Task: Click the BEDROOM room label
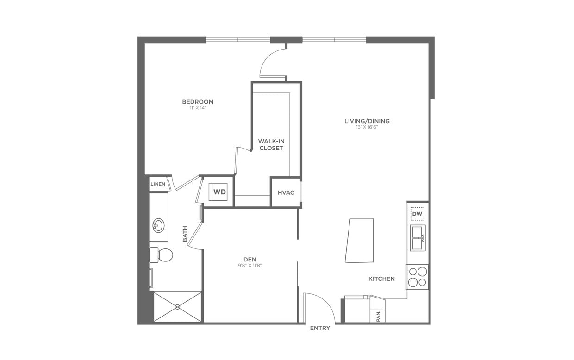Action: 198,102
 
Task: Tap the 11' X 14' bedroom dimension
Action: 198,108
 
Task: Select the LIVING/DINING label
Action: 367,121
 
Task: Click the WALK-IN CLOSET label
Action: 271,144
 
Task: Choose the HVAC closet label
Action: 286,192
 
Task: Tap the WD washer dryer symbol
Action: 219,192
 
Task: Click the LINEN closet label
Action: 157,184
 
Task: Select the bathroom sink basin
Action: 158,225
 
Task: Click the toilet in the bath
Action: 163,255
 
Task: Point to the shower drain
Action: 177,306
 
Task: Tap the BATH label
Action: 185,234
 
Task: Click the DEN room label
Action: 250,260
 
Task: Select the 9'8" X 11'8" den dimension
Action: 250,266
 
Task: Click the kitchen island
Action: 360,241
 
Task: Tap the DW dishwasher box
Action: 417,214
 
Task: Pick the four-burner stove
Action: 417,277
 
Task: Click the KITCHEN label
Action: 381,279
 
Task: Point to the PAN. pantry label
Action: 378,316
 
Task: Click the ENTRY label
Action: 320,328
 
